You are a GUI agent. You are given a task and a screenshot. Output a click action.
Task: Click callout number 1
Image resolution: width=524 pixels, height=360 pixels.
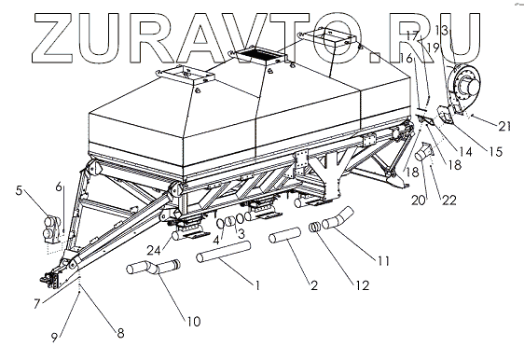point(257,285)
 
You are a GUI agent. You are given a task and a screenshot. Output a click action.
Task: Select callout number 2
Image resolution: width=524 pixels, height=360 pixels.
point(314,285)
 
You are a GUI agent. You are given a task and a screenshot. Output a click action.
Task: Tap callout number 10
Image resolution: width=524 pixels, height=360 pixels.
point(194,321)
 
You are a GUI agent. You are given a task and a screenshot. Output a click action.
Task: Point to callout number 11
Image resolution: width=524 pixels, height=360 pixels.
point(383,260)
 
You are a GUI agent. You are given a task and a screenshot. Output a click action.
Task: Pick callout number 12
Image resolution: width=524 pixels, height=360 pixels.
point(363,285)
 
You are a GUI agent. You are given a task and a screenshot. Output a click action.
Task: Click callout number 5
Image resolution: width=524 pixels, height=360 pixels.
point(19,190)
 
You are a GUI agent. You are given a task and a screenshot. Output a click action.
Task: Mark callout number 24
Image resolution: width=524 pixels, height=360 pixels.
point(154,250)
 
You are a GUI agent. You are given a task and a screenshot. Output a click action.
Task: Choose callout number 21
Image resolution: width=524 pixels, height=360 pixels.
point(504,126)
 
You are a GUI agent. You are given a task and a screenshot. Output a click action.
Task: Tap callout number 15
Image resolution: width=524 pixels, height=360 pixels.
point(496,152)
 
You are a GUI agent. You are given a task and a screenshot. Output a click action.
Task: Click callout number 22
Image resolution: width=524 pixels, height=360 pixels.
point(448,200)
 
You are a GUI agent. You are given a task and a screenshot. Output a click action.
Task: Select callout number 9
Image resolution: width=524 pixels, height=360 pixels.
point(54,338)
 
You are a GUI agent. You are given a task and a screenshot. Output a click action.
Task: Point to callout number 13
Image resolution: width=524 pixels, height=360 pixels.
point(442,31)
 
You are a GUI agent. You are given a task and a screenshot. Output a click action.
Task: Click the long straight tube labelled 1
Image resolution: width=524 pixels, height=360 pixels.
point(223,252)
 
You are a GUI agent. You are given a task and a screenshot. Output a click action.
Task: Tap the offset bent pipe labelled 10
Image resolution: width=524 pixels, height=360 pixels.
point(153,267)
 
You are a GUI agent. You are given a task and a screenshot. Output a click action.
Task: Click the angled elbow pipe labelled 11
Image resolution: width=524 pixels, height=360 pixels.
point(337,218)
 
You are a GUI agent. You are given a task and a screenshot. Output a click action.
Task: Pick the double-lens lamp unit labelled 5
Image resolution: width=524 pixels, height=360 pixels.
point(52,229)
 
